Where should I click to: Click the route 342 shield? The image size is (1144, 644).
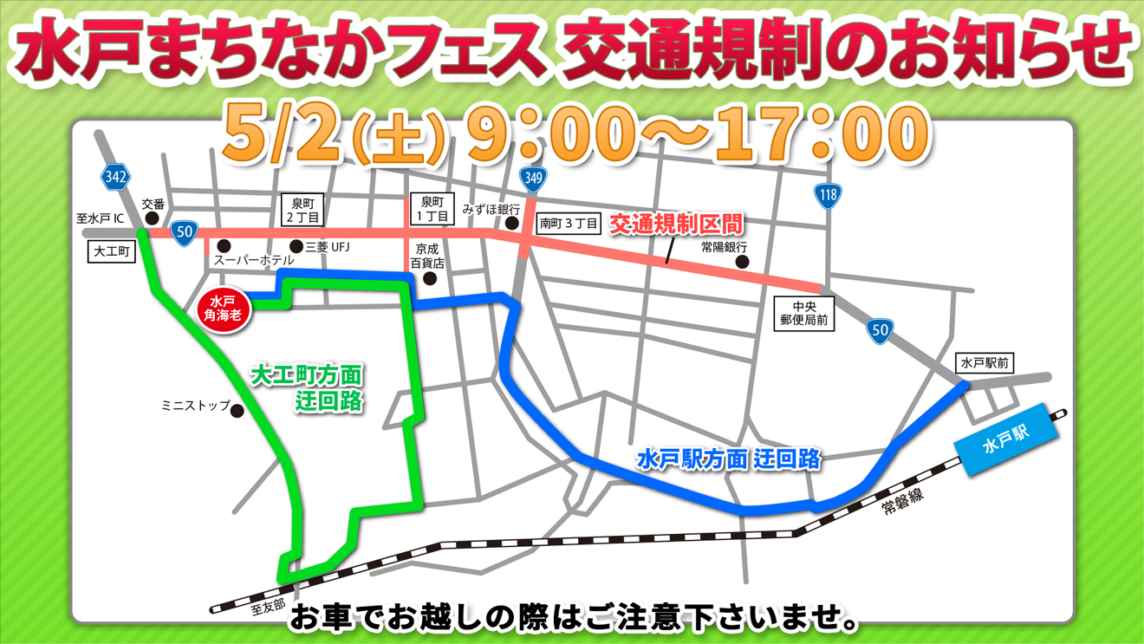pyautogui.click(x=115, y=178)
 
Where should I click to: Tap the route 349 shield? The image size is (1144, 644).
pyautogui.click(x=533, y=179)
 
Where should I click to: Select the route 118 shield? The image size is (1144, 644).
pyautogui.click(x=828, y=195)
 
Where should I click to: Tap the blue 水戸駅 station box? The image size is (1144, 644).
pyautogui.click(x=1006, y=441)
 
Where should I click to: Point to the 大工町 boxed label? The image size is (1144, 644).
pyautogui.click(x=112, y=252)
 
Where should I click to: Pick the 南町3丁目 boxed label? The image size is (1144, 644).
pyautogui.click(x=568, y=224)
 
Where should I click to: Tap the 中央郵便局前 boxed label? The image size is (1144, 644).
pyautogui.click(x=804, y=314)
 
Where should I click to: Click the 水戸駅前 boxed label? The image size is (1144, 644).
pyautogui.click(x=985, y=362)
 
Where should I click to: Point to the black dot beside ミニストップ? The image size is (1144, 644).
pyautogui.click(x=237, y=411)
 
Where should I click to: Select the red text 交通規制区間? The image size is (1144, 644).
pyautogui.click(x=676, y=224)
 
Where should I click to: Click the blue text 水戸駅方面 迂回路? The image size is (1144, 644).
pyautogui.click(x=729, y=459)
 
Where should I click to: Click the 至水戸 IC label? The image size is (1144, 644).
pyautogui.click(x=100, y=218)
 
